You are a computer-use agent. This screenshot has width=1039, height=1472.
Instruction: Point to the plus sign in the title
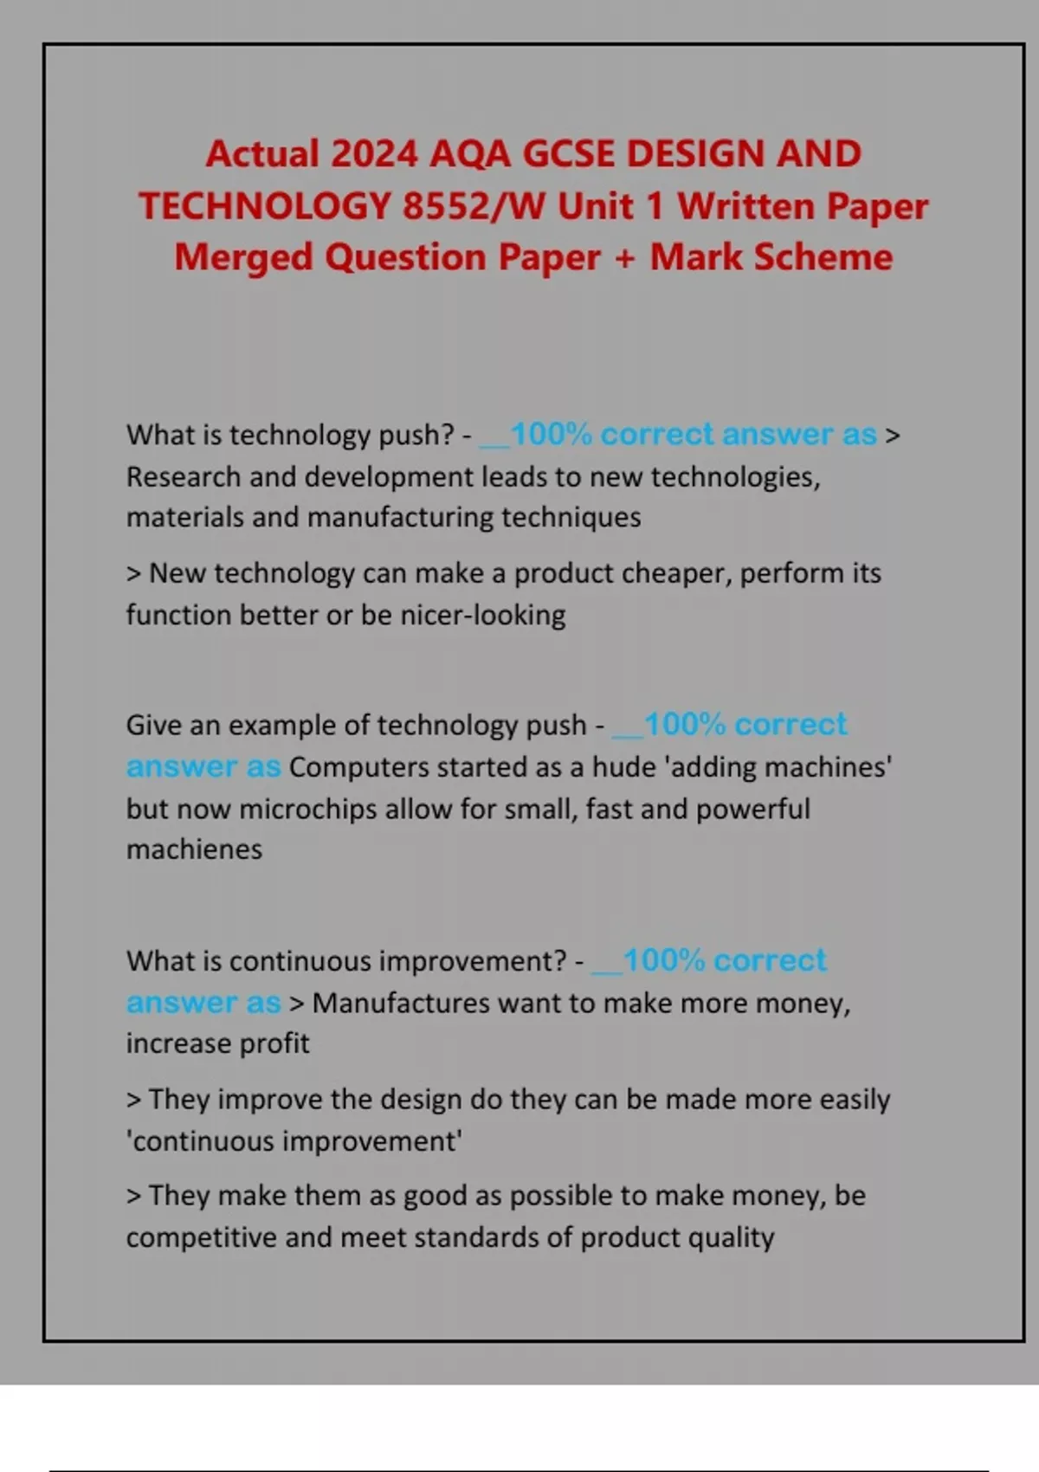click(x=624, y=257)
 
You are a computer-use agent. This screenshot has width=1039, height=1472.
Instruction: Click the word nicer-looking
click(x=482, y=615)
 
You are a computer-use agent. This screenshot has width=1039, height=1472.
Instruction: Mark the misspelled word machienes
click(x=194, y=849)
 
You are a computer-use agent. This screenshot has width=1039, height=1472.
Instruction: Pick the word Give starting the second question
click(x=153, y=725)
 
